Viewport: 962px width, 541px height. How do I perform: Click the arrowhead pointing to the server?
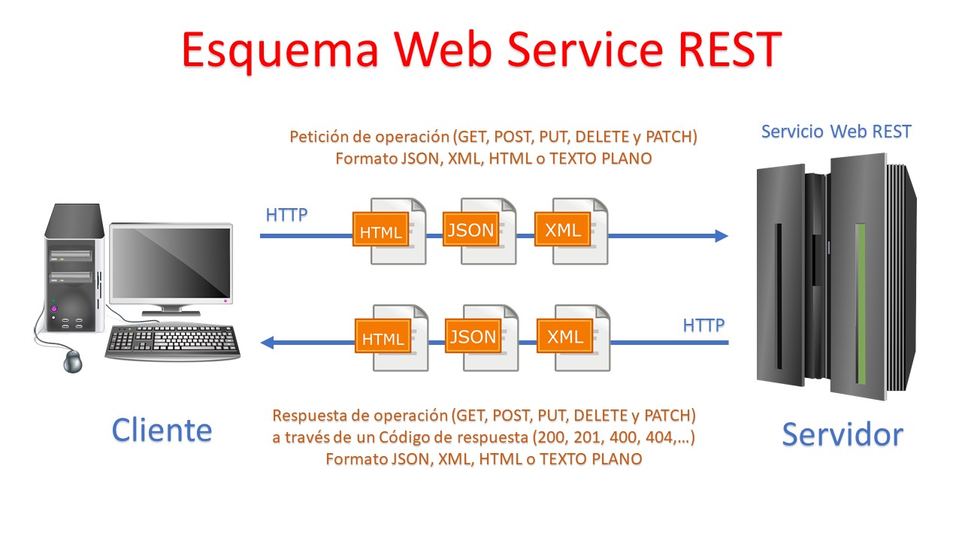point(721,236)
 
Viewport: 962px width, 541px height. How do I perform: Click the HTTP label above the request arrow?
point(286,216)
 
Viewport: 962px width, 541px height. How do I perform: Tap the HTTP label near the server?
point(703,325)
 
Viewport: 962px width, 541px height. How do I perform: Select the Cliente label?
point(162,430)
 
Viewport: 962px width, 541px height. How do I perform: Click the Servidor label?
point(842,434)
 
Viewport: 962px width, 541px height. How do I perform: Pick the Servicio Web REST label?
point(836,132)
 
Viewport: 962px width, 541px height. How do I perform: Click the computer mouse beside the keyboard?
point(72,361)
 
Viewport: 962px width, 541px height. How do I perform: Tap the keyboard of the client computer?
point(173,340)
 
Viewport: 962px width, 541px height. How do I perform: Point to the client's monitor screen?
point(171,263)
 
